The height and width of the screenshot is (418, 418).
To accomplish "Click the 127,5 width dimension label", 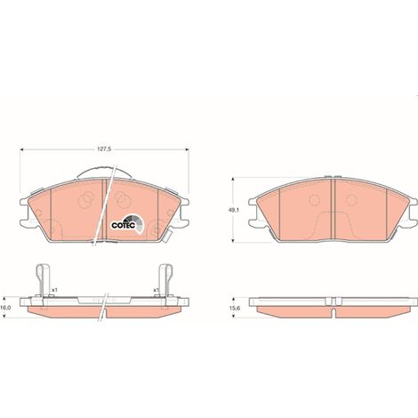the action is (x=104, y=149).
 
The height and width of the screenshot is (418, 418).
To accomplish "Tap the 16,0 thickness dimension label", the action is (x=5, y=308).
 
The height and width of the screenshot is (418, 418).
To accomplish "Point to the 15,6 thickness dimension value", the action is (x=237, y=308).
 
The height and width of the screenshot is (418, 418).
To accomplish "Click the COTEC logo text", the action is (x=124, y=225).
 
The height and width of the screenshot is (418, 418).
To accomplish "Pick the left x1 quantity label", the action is (x=54, y=290).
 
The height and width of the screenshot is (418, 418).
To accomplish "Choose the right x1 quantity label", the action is (x=156, y=290).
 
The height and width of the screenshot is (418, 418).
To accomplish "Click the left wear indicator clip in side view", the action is (x=42, y=280).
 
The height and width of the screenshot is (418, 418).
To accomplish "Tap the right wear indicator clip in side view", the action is (x=165, y=280).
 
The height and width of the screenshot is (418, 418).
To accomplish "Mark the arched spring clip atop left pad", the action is (x=104, y=168).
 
